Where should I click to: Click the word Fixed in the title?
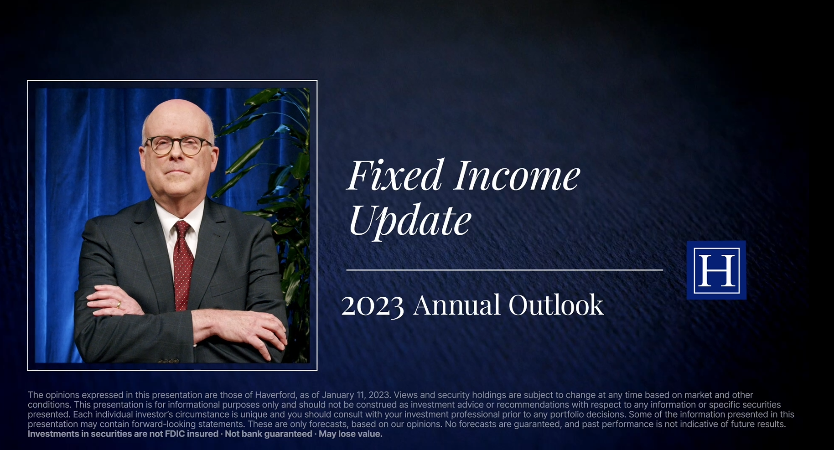point(394,175)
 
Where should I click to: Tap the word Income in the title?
point(517,175)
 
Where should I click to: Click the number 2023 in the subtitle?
point(373,305)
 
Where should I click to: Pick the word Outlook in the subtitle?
point(556,305)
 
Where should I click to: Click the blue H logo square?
point(716,270)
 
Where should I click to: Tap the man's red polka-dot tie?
point(183,264)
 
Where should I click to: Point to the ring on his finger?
point(119,304)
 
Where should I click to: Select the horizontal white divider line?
point(504,270)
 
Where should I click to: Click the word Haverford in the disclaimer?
point(275,395)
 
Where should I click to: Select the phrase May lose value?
point(350,434)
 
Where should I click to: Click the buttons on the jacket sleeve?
point(168,361)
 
